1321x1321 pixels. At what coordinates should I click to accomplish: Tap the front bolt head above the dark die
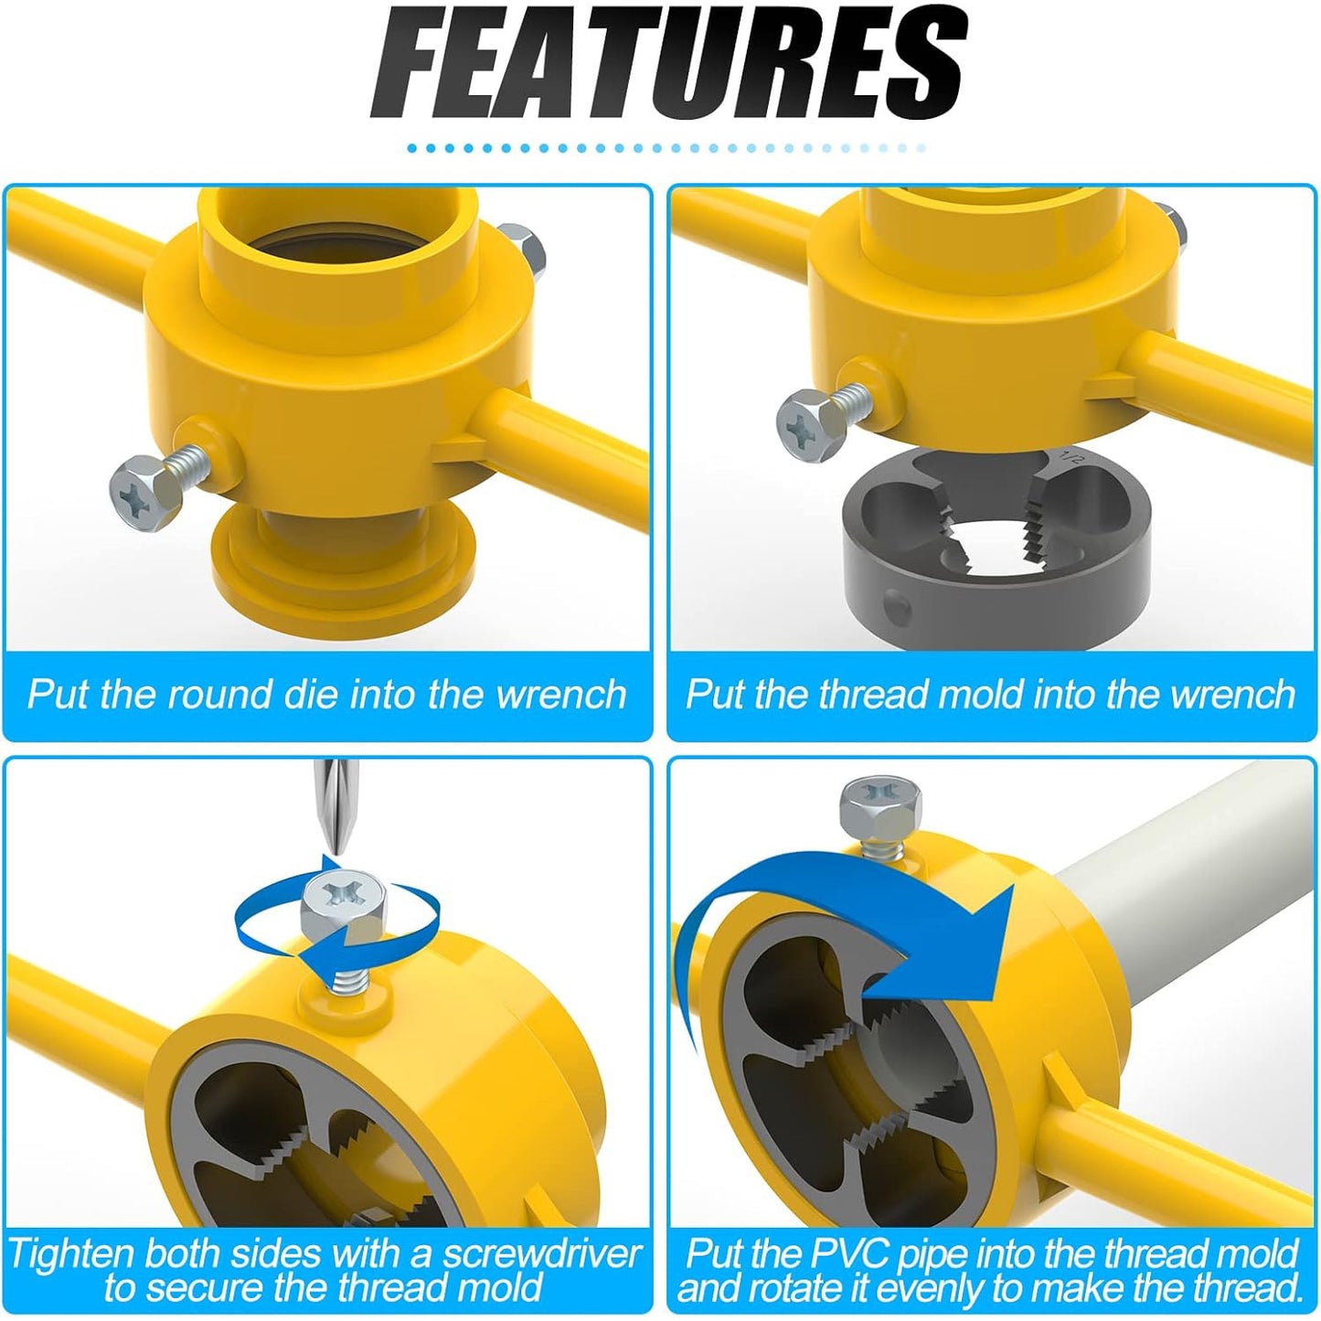tap(810, 425)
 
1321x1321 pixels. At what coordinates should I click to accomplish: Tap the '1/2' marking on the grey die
tap(1069, 456)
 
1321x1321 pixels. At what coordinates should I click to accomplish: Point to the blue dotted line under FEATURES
tap(667, 148)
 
